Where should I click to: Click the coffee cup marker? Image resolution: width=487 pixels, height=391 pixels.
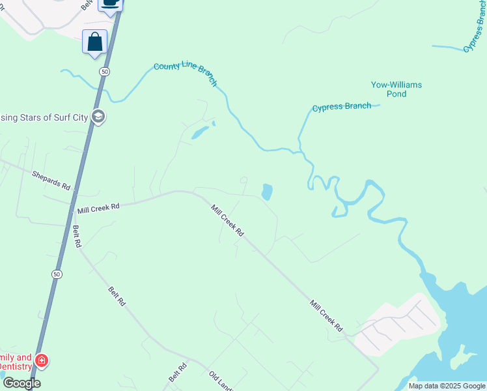coord(111,3)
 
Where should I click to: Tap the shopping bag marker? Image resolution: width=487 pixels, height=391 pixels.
coord(94,42)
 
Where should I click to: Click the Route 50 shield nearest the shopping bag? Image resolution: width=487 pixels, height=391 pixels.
coord(104,70)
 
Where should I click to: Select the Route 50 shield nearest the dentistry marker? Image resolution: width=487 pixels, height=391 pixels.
coord(57,274)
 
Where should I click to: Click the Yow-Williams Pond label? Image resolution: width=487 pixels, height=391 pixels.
coord(397,89)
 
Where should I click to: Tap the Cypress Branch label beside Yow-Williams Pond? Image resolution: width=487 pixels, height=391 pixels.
coord(341,107)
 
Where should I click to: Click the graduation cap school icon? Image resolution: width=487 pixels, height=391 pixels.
coord(98,117)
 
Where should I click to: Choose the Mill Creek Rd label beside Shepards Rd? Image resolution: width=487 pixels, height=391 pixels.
coord(98,207)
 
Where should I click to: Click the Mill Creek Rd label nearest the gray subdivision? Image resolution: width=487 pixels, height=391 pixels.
coord(326,315)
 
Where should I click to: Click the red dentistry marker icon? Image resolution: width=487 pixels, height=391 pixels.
coord(41,360)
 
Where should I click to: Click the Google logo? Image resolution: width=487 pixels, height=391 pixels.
coord(21,383)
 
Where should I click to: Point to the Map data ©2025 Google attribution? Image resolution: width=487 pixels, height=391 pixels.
coord(447,386)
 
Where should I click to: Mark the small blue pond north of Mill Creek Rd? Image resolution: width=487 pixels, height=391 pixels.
coord(267,192)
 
